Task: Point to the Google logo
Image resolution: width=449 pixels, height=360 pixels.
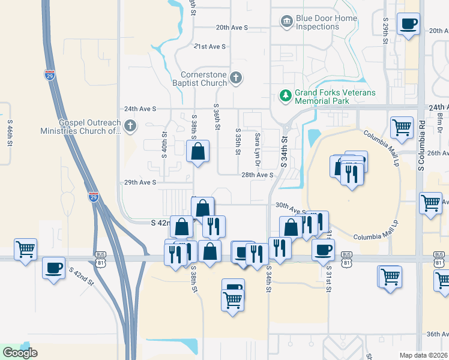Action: click(x=20, y=353)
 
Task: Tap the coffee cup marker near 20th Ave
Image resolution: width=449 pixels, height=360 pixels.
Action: click(x=409, y=25)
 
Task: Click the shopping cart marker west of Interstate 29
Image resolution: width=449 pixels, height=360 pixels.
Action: click(x=25, y=248)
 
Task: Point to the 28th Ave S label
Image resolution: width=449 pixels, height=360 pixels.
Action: click(x=258, y=175)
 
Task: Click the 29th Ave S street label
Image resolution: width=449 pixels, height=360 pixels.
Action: click(x=140, y=182)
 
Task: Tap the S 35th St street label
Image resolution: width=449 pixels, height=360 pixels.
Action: click(x=238, y=142)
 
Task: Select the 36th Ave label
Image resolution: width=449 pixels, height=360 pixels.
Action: click(x=436, y=334)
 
